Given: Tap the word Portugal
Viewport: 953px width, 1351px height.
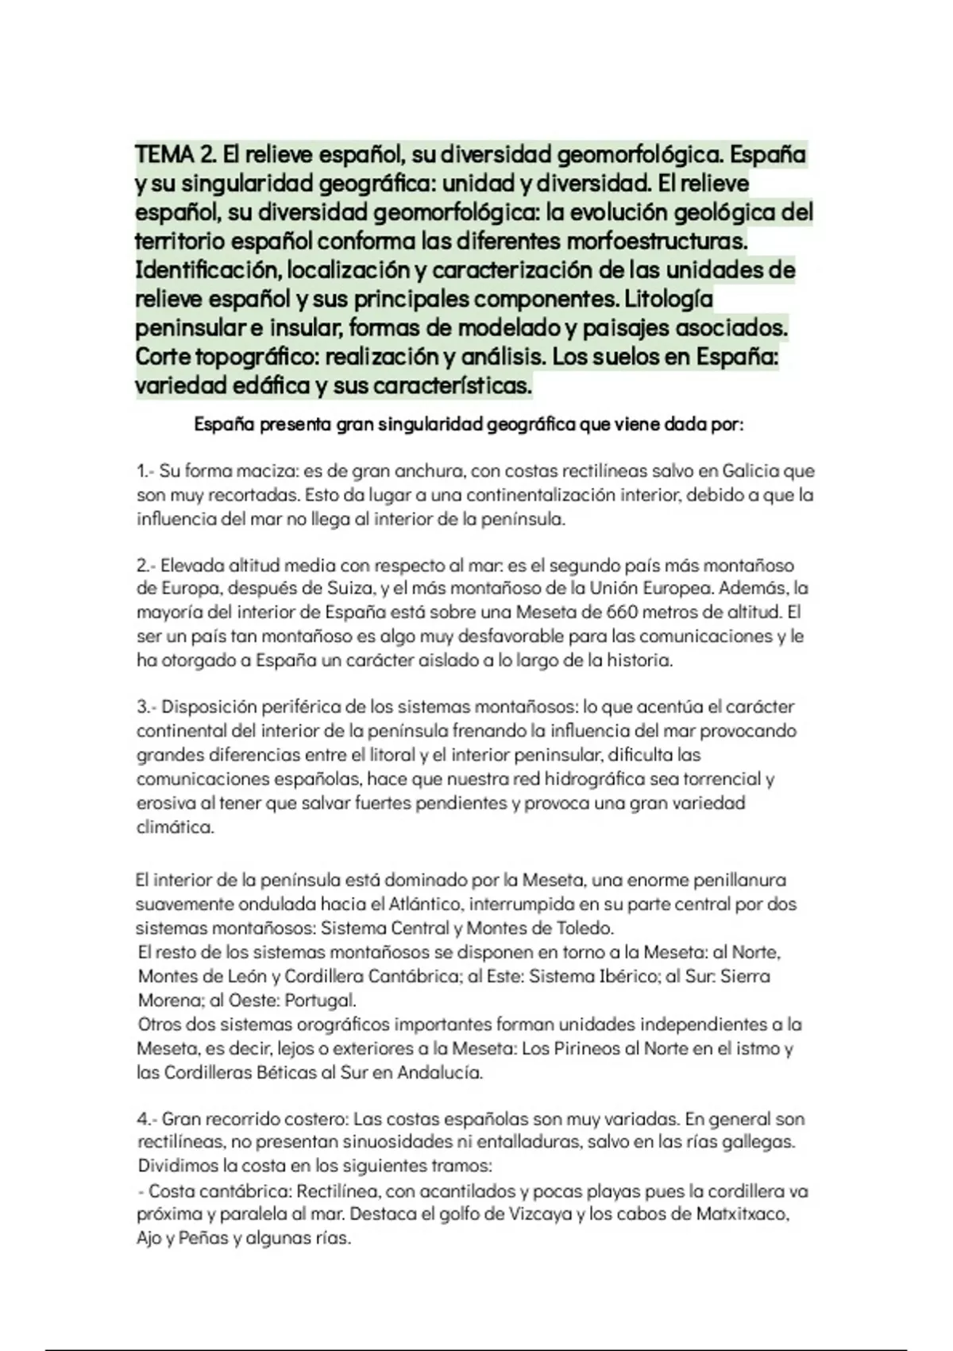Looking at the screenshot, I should pyautogui.click(x=320, y=1000).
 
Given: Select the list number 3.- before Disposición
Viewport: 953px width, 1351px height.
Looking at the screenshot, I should pyautogui.click(x=147, y=706).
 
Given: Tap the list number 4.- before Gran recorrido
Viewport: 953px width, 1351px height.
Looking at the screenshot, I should pyautogui.click(x=147, y=1119).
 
